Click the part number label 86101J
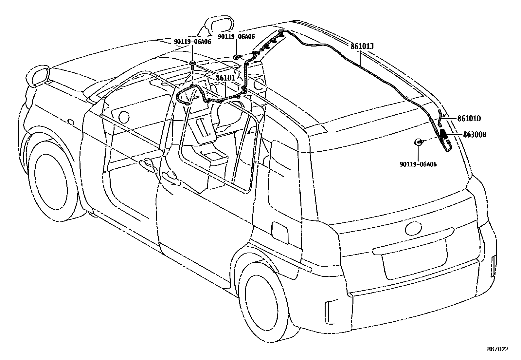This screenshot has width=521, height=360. coord(362,46)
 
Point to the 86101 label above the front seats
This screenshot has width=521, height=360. coord(225,78)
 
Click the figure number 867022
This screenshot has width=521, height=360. coord(497,349)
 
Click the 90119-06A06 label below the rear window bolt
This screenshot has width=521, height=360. coord(418,164)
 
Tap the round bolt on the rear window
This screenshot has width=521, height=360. coord(418,142)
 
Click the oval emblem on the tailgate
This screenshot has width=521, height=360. coord(414,228)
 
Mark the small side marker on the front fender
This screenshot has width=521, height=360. coord(70,122)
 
